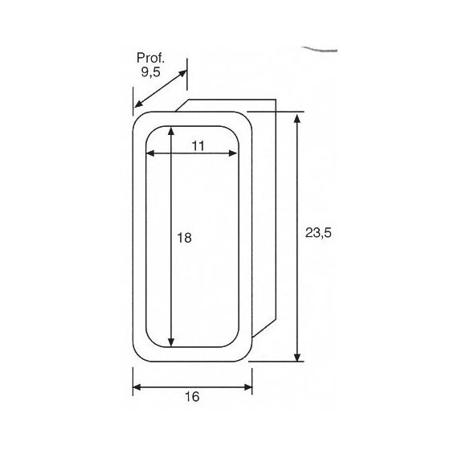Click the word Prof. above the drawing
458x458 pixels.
coord(151,58)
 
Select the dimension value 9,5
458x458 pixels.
coord(151,72)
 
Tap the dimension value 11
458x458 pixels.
coord(198,145)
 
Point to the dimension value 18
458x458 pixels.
coord(184,238)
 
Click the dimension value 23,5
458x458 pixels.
coord(318,233)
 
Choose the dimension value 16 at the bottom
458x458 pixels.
coord(192,397)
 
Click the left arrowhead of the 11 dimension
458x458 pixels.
coord(150,153)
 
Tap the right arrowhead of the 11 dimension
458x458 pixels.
coord(233,153)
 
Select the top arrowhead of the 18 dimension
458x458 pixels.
coord(171,131)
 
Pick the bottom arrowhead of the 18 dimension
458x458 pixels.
coord(171,342)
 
